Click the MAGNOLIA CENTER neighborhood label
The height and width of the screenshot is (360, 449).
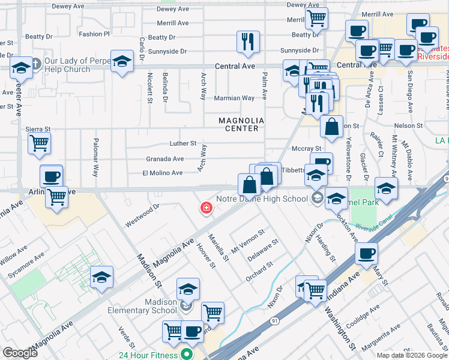[238, 124]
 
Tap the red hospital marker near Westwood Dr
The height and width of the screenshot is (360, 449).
[205, 208]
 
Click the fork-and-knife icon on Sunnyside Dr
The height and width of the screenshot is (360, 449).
[248, 41]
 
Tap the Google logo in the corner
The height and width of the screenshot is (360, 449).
[20, 352]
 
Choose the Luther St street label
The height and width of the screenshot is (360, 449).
[183, 143]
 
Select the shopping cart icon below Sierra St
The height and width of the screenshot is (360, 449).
[39, 143]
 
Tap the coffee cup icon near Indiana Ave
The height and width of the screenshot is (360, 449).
[366, 253]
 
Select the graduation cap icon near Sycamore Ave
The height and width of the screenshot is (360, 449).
[102, 277]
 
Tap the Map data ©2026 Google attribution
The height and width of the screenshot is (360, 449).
[411, 355]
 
